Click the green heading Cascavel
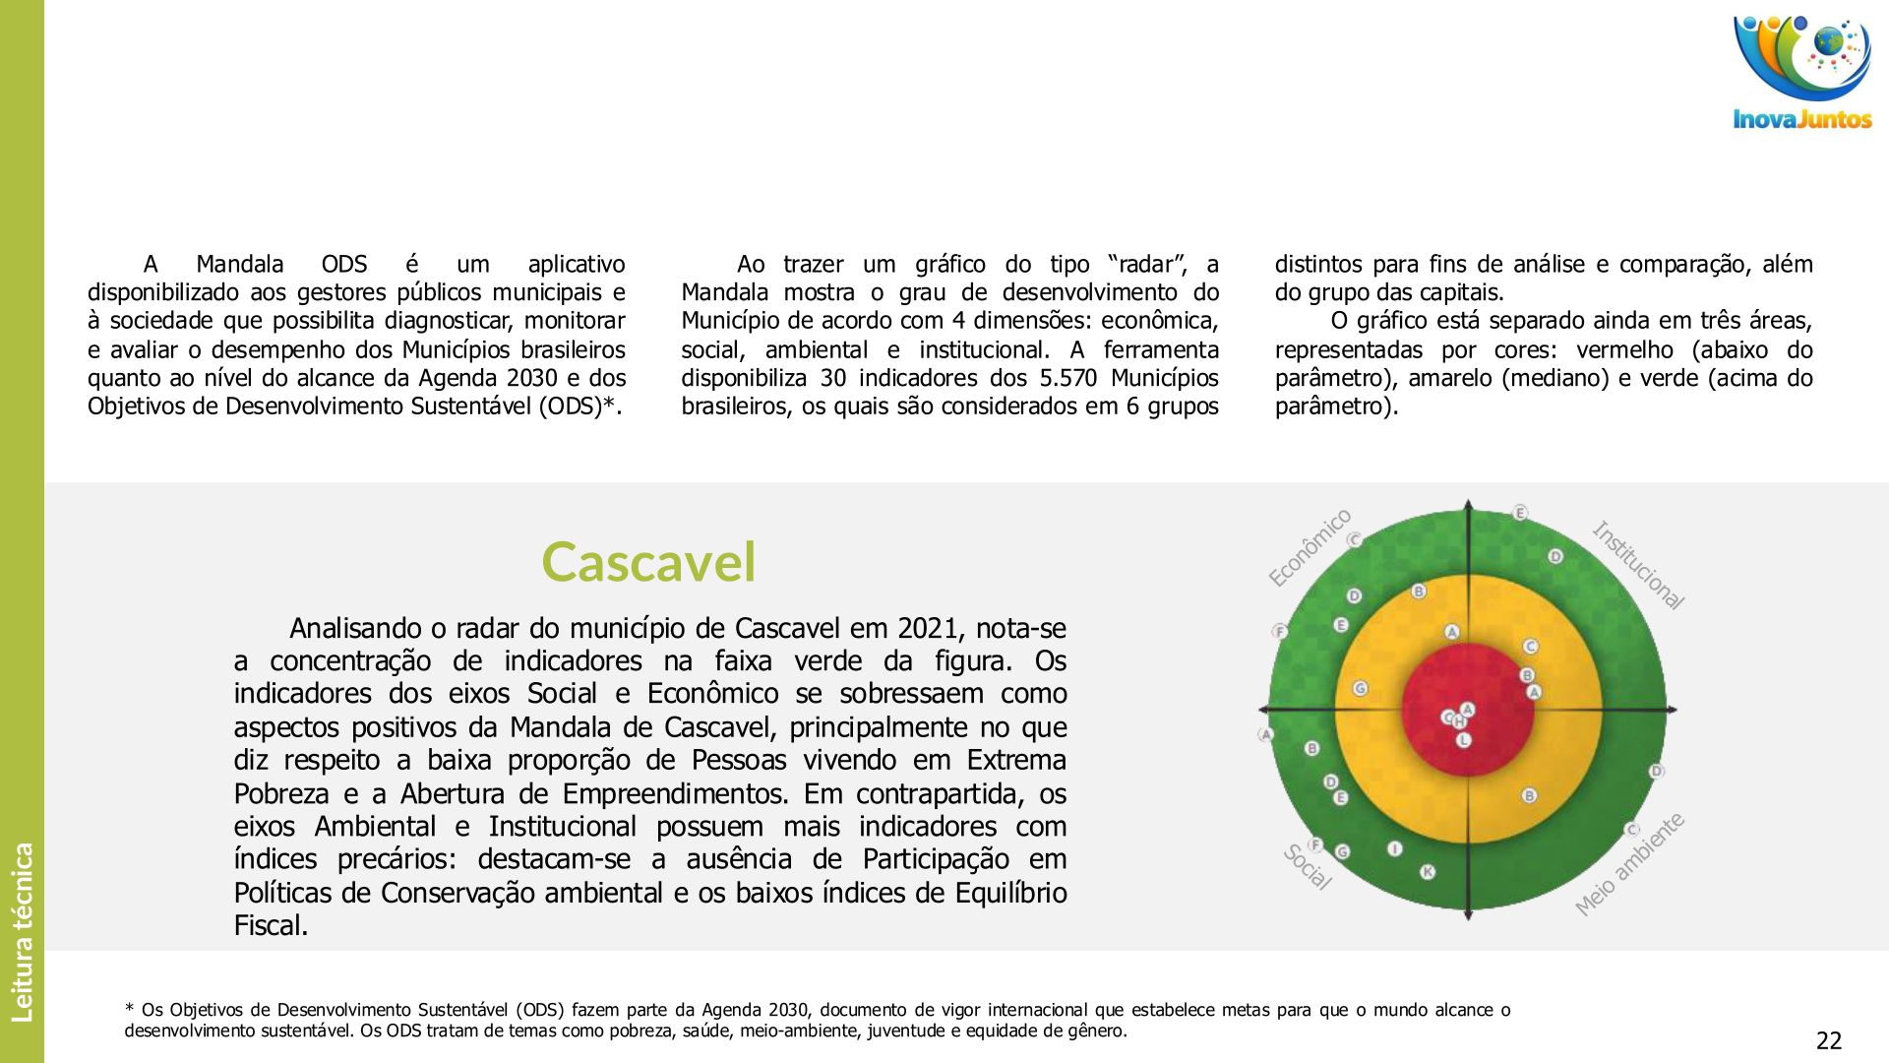[648, 562]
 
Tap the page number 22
[1828, 1040]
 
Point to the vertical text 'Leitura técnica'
[22, 931]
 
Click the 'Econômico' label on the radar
[1310, 548]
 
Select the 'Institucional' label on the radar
[1638, 565]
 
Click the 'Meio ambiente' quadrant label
[1629, 863]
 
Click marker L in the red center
[1463, 739]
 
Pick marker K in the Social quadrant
[1428, 871]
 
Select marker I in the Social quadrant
[1394, 848]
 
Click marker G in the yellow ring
[1360, 688]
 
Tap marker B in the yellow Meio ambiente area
[1529, 795]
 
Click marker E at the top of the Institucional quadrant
[1520, 513]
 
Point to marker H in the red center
[1459, 722]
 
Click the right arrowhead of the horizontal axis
[1671, 709]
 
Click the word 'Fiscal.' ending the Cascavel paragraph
[271, 925]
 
